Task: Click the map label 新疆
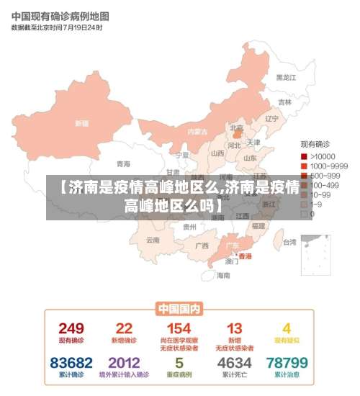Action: pos(81,123)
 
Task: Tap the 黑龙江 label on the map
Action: pos(286,77)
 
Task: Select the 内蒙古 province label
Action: pos(197,132)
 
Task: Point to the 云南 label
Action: pos(153,240)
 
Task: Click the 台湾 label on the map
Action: pos(289,243)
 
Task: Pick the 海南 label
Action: pos(224,275)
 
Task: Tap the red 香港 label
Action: pos(245,256)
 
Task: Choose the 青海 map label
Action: pos(124,163)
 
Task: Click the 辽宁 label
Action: pos(271,119)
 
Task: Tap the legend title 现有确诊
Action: pos(315,145)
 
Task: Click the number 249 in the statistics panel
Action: pos(71,329)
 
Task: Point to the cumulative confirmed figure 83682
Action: pos(71,363)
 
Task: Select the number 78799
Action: pos(287,363)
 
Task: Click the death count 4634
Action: pos(235,363)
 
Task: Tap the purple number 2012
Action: pos(124,363)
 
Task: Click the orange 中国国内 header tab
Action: pos(179,309)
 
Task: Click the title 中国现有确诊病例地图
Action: pos(60,15)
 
